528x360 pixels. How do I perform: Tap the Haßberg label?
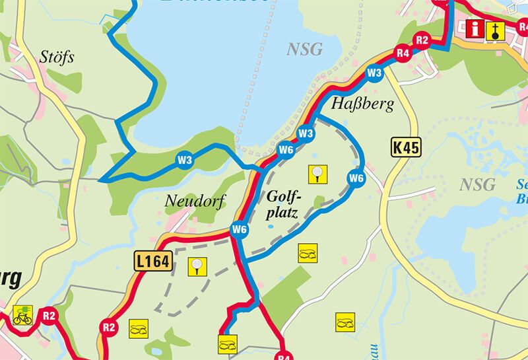coord(362,104)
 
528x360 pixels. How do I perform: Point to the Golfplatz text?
coord(284,205)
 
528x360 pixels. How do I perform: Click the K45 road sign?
coord(405,147)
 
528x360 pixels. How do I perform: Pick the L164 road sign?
coord(153,262)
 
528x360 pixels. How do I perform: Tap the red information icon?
coord(475,28)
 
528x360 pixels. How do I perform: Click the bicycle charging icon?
coord(22,315)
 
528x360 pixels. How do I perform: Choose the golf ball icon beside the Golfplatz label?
coord(317,174)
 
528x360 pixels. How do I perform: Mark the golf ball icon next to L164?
coord(197,266)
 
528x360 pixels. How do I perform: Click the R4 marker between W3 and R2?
coord(403,53)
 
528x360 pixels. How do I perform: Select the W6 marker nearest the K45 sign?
coord(356,178)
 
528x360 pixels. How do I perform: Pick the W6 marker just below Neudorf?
coord(239,229)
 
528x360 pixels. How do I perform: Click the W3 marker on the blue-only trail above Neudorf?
coord(184,159)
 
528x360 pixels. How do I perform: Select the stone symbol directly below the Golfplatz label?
coord(308,252)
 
